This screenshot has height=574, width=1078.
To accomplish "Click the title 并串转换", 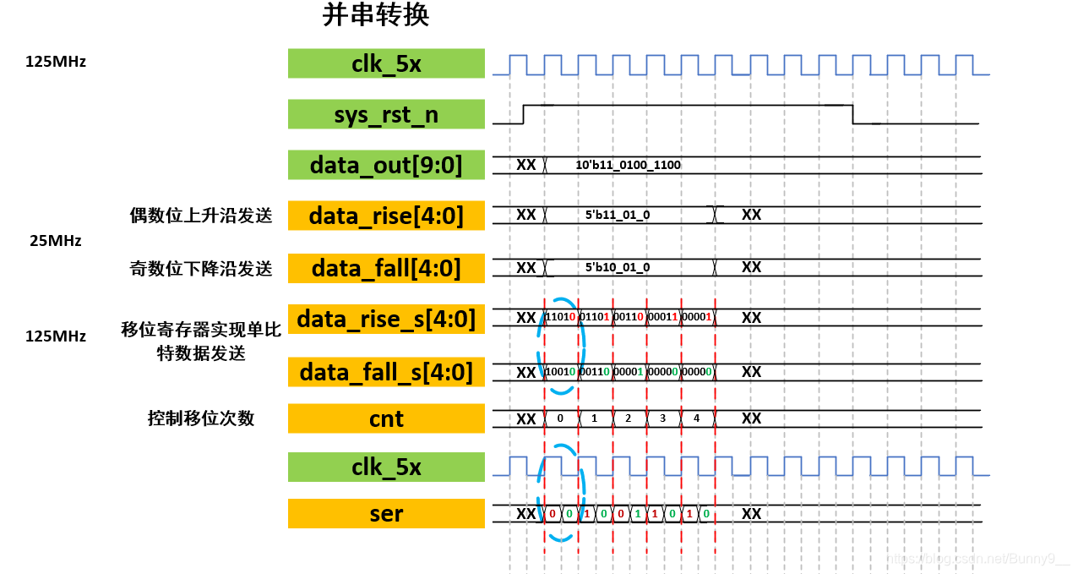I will [377, 16].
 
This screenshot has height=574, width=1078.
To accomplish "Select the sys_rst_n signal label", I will [386, 114].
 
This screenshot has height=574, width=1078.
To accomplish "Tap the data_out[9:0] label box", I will [386, 165].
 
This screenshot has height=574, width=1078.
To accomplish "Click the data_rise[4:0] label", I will [386, 216].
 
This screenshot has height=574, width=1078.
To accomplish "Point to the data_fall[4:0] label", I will [386, 268].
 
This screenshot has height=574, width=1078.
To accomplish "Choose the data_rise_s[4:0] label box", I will [386, 319].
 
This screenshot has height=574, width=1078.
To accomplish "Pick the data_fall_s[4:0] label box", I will [386, 372].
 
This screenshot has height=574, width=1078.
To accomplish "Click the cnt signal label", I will [386, 418].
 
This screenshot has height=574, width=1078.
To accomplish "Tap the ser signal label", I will [386, 513].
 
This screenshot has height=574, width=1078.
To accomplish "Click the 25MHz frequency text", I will [56, 241].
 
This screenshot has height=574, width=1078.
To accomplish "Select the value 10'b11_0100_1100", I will [628, 165].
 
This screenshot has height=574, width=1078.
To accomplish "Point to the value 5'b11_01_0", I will [618, 215].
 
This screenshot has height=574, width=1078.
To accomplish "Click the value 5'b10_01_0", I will [618, 267].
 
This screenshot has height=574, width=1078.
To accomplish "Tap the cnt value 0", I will [560, 418].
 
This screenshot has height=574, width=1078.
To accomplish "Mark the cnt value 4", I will [697, 418].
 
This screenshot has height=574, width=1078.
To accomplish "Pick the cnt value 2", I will [628, 418].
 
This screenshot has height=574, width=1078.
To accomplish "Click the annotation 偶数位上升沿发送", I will [199, 216].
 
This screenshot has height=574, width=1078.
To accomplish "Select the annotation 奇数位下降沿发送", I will [199, 269].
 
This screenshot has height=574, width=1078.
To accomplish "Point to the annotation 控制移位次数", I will [201, 418].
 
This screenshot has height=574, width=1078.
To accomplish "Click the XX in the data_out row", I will [525, 165].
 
